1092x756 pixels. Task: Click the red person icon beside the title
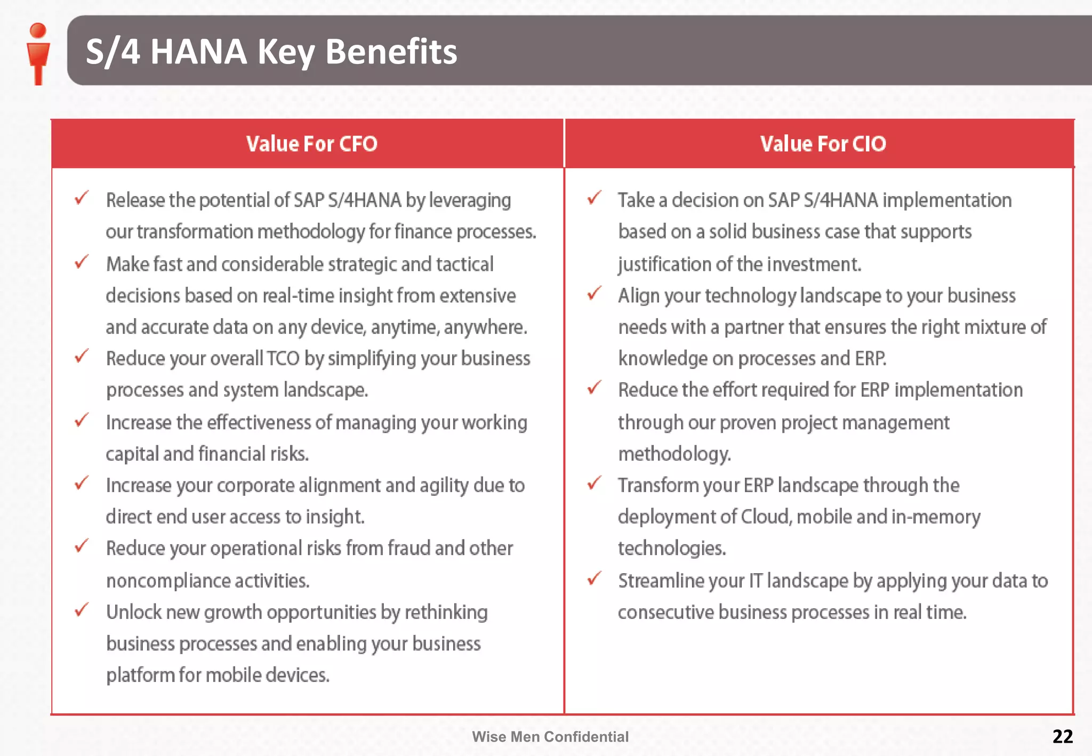[38, 53]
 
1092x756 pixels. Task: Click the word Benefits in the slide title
[391, 52]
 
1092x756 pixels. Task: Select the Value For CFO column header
[311, 144]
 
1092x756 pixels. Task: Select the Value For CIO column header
[823, 144]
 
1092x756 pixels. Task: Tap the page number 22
[1062, 736]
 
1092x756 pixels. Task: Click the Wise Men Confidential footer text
[550, 737]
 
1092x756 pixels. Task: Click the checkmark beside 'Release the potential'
[82, 198]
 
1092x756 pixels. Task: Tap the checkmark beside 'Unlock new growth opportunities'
[82, 610]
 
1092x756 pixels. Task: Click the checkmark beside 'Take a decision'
[594, 198]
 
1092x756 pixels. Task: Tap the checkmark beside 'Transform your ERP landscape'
[594, 484]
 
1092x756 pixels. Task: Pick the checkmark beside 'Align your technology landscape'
[594, 294]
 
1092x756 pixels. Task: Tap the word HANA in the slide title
[198, 52]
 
